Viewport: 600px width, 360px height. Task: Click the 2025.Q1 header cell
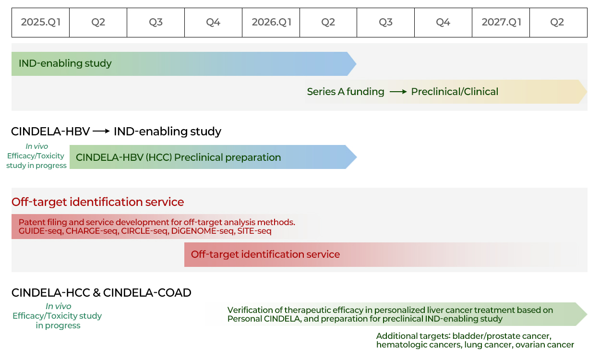click(41, 22)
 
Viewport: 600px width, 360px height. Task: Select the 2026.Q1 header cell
click(271, 22)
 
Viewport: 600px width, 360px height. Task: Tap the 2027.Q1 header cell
click(501, 22)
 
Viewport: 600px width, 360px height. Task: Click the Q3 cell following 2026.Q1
click(385, 22)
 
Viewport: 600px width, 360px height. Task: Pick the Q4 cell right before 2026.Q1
click(213, 22)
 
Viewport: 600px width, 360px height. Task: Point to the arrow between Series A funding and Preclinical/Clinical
click(398, 92)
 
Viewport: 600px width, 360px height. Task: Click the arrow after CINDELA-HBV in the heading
click(101, 131)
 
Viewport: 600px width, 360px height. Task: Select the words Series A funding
click(346, 92)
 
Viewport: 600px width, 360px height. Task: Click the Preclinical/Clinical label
click(455, 92)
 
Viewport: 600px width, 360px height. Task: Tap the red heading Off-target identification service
click(98, 202)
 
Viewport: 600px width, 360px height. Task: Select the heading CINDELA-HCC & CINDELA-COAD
click(101, 292)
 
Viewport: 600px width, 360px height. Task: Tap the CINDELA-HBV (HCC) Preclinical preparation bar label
click(178, 157)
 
